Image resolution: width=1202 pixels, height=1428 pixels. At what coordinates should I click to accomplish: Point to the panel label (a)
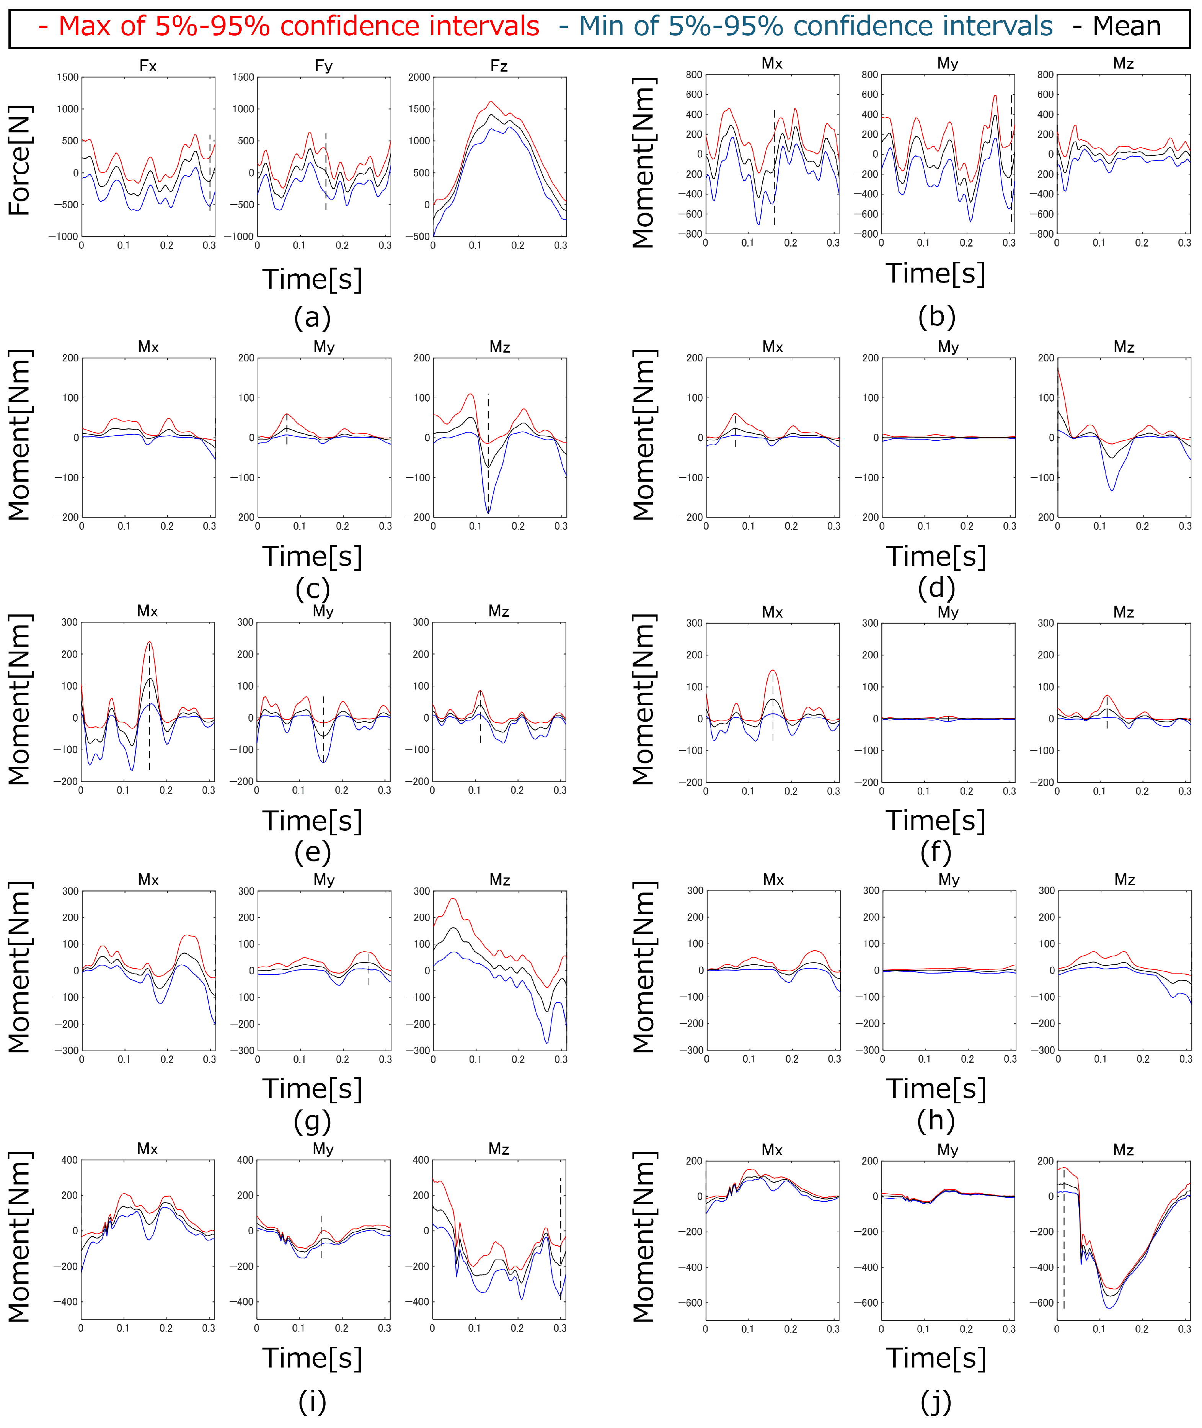click(x=312, y=318)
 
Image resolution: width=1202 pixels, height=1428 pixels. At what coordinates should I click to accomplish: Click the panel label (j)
click(x=936, y=1402)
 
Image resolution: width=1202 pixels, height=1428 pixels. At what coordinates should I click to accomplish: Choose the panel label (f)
click(x=936, y=852)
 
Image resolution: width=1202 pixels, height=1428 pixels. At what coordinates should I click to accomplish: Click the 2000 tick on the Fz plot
click(x=419, y=77)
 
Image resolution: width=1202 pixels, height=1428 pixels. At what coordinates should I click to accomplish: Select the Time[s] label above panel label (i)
click(x=312, y=1358)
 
